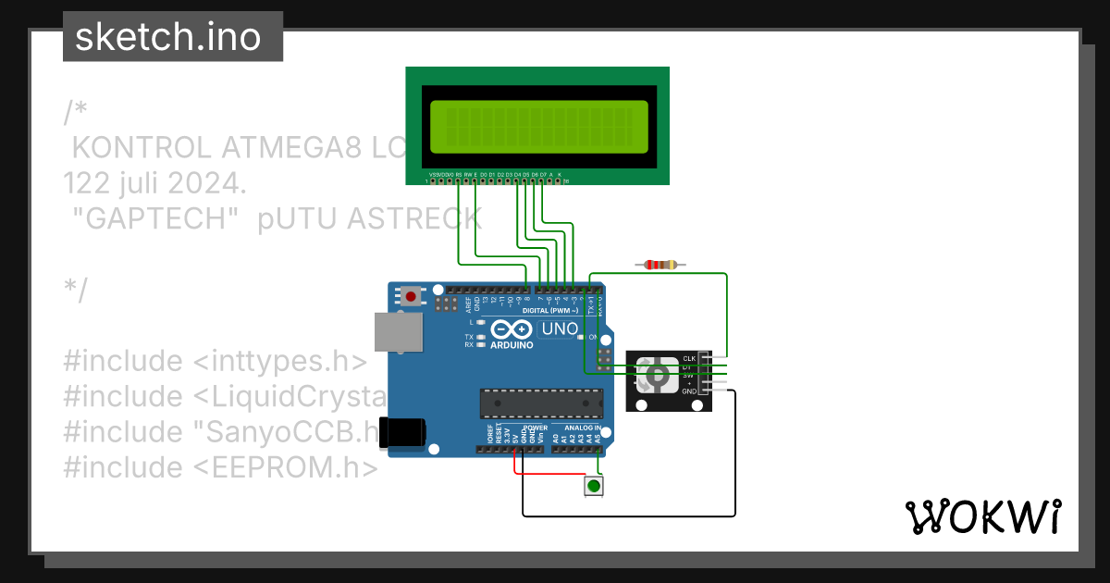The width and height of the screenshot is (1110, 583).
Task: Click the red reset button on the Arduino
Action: (x=411, y=297)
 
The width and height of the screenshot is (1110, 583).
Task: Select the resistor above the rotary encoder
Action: (x=660, y=265)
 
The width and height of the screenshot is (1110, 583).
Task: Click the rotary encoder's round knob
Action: (x=657, y=375)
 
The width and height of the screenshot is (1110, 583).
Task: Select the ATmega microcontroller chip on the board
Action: (x=540, y=403)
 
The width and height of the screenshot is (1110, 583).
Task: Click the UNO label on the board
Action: (x=560, y=329)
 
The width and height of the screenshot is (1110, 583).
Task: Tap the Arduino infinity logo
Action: (x=511, y=329)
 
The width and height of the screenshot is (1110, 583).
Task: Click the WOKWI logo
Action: (x=982, y=517)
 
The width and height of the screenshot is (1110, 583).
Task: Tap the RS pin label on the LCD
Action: (x=459, y=174)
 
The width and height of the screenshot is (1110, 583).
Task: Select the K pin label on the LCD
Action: (x=560, y=174)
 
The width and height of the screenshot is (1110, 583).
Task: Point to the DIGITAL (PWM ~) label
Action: (x=549, y=311)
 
